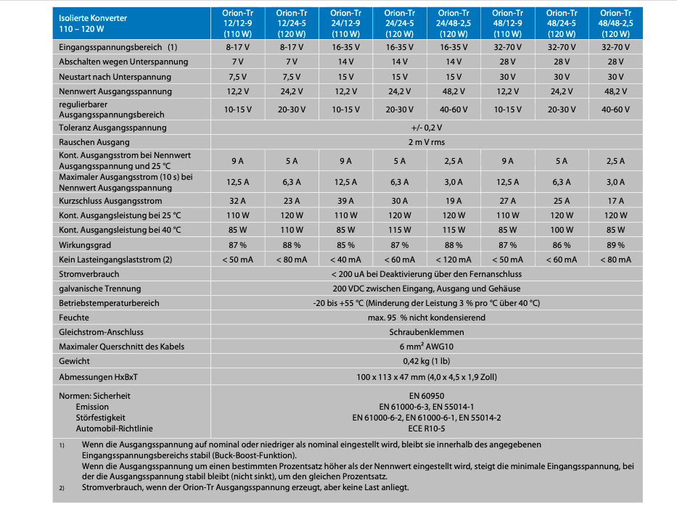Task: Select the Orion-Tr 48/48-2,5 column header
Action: pos(615,23)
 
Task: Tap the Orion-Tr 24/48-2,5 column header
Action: pos(453,23)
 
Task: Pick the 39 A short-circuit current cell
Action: pos(345,201)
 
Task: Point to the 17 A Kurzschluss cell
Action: pos(615,201)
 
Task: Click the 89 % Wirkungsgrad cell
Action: pos(615,245)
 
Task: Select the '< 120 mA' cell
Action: pos(453,260)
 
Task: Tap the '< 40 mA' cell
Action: pos(345,260)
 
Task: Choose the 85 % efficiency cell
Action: pos(345,245)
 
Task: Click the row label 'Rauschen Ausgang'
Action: pos(94,142)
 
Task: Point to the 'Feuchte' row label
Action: pos(74,318)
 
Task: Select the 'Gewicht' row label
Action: pos(75,361)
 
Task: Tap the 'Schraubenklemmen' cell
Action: pos(426,332)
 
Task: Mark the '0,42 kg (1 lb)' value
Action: pos(426,361)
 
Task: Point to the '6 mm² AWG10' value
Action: pos(426,347)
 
